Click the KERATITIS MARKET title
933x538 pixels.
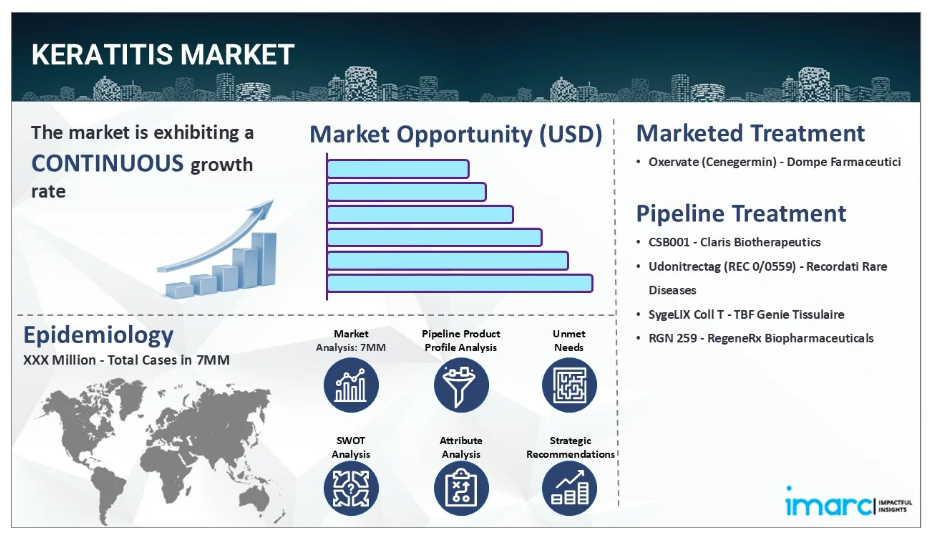pyautogui.click(x=162, y=54)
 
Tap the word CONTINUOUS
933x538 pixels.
pyautogui.click(x=107, y=163)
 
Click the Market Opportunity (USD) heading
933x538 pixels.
pyautogui.click(x=456, y=134)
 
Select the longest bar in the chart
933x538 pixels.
pyautogui.click(x=460, y=283)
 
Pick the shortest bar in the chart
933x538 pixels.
pyautogui.click(x=398, y=169)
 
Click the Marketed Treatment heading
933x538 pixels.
pyautogui.click(x=750, y=133)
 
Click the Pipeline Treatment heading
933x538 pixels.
pyautogui.click(x=741, y=213)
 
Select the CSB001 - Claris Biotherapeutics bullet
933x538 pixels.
pyautogui.click(x=734, y=242)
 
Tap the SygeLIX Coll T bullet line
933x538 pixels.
pyautogui.click(x=746, y=314)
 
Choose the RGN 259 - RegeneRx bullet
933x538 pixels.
pyautogui.click(x=761, y=338)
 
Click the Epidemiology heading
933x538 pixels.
pyautogui.click(x=98, y=335)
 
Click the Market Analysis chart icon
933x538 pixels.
pyautogui.click(x=351, y=385)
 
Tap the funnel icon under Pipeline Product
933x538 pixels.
pyautogui.click(x=461, y=385)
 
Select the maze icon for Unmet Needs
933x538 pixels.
pyautogui.click(x=569, y=385)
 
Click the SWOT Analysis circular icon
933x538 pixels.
pyautogui.click(x=351, y=488)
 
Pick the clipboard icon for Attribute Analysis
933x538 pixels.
pyautogui.click(x=461, y=488)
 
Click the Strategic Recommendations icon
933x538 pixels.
pyautogui.click(x=569, y=488)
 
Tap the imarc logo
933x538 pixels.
pyautogui.click(x=849, y=503)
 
